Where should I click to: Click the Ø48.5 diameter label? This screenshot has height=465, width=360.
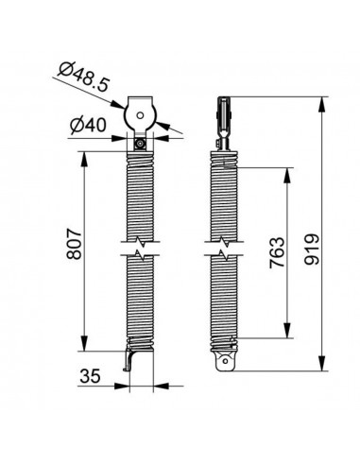click(84, 77)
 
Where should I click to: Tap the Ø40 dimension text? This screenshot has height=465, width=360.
click(88, 126)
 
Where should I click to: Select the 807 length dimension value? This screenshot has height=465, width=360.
click(75, 245)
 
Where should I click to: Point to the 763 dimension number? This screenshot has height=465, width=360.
click(277, 253)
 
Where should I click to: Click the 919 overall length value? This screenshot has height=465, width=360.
click(312, 250)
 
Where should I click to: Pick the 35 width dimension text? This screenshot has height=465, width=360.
click(90, 376)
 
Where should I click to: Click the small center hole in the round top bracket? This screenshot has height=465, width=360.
click(140, 115)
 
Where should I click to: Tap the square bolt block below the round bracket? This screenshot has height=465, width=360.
click(140, 145)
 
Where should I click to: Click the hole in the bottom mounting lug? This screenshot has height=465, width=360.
click(226, 361)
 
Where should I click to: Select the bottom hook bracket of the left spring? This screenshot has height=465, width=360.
click(129, 360)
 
